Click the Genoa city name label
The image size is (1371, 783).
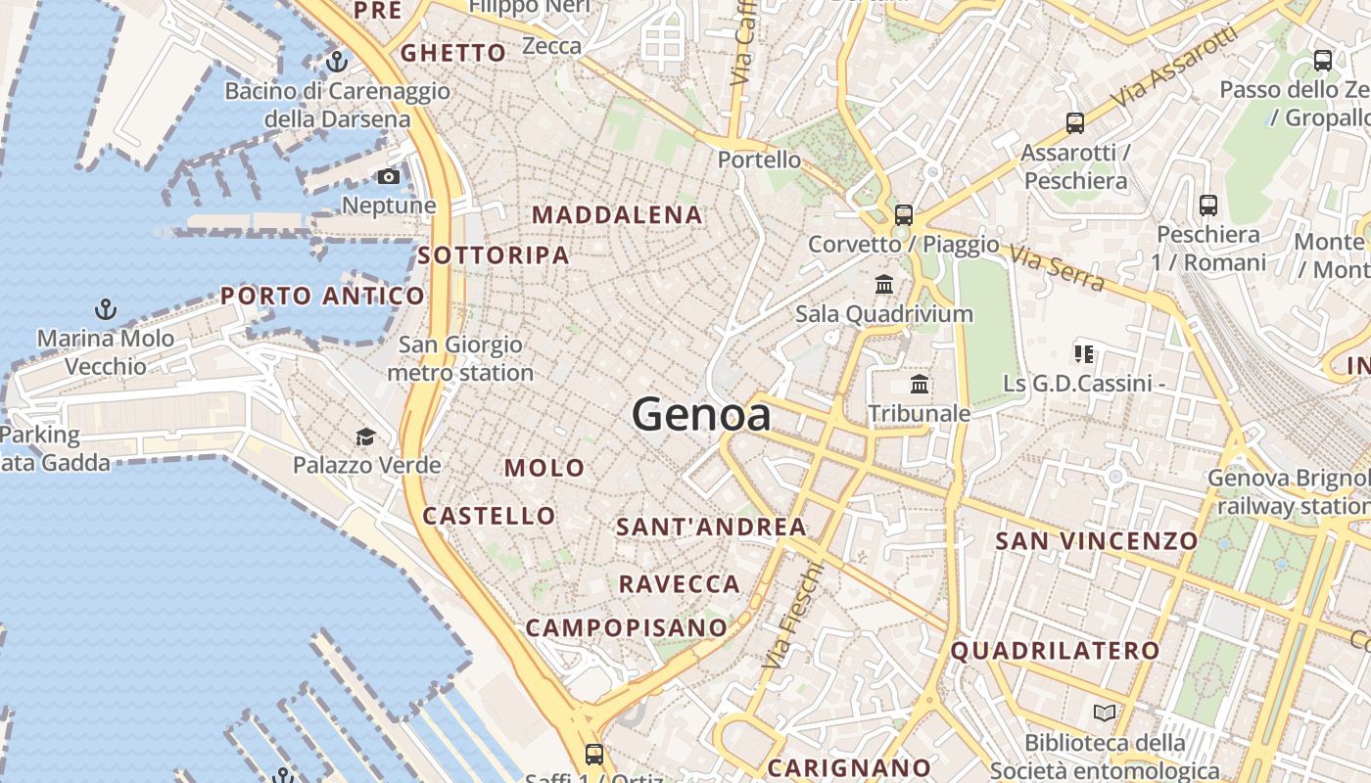tap(701, 415)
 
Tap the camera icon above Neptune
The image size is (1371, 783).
tap(389, 177)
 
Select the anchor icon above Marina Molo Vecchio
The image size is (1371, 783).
tap(106, 310)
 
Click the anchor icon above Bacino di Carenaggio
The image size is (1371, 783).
tap(337, 62)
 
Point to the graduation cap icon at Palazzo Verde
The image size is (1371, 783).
tap(366, 437)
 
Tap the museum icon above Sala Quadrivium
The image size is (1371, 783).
tap(884, 285)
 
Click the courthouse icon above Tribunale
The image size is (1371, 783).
tap(920, 384)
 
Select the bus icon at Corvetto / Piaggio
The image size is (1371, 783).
tap(903, 215)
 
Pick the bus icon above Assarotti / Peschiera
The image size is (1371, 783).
tap(1075, 123)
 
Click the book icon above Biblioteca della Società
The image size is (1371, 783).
tap(1105, 714)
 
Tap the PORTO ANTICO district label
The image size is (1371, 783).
tap(322, 296)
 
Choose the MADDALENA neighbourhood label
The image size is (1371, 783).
tap(617, 215)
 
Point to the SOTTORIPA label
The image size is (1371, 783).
tap(493, 255)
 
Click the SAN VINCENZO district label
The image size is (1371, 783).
tap(1097, 540)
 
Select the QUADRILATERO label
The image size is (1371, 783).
tap(1055, 650)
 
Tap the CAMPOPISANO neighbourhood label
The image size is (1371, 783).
tap(627, 627)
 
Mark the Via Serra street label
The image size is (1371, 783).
tap(1058, 268)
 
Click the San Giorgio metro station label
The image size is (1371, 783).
tap(460, 358)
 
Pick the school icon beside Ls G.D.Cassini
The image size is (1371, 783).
tap(1083, 353)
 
